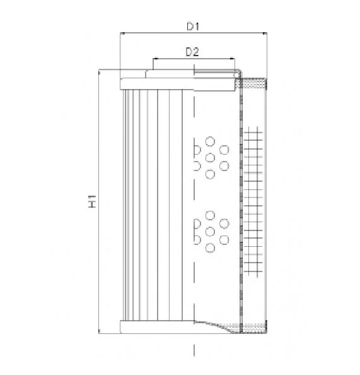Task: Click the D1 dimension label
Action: [x=193, y=27]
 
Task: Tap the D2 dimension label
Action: [x=192, y=52]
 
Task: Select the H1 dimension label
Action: [x=92, y=201]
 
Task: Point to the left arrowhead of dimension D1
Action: [x=122, y=33]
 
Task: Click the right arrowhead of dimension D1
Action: [x=265, y=33]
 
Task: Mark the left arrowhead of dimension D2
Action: [x=155, y=58]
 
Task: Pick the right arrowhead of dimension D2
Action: [x=232, y=58]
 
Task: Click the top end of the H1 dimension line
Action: [x=99, y=70]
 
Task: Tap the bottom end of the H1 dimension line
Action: [x=99, y=333]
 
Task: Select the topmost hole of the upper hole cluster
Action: [x=210, y=141]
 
